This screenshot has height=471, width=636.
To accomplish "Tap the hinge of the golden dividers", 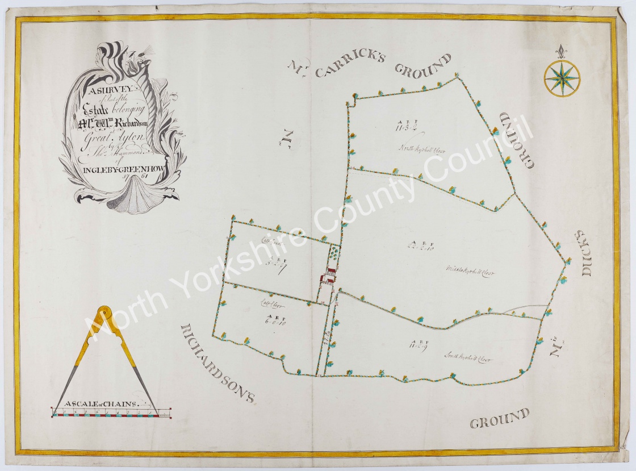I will click(x=105, y=312).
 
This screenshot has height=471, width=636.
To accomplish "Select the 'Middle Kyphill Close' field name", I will click(x=470, y=272).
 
